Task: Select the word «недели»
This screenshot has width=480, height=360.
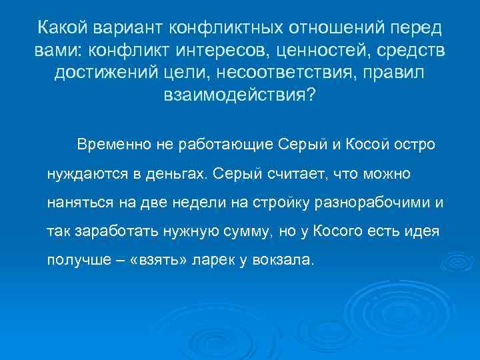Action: click(x=191, y=201)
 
